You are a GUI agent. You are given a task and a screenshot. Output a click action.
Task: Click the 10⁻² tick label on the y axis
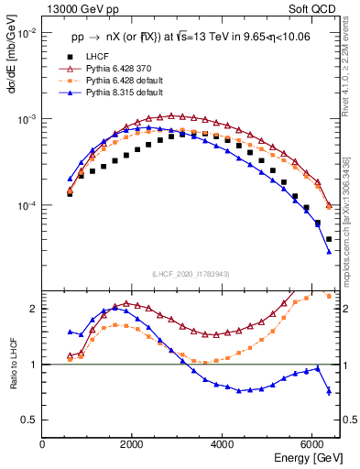coord(27,34)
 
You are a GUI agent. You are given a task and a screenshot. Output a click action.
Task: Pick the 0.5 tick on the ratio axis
coord(29,420)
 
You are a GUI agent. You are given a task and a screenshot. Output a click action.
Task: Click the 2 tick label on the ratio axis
coord(34,309)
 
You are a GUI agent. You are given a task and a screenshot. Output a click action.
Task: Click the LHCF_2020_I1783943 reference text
coord(191,274)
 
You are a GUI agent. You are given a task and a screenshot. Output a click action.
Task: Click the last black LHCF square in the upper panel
coord(329,239)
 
